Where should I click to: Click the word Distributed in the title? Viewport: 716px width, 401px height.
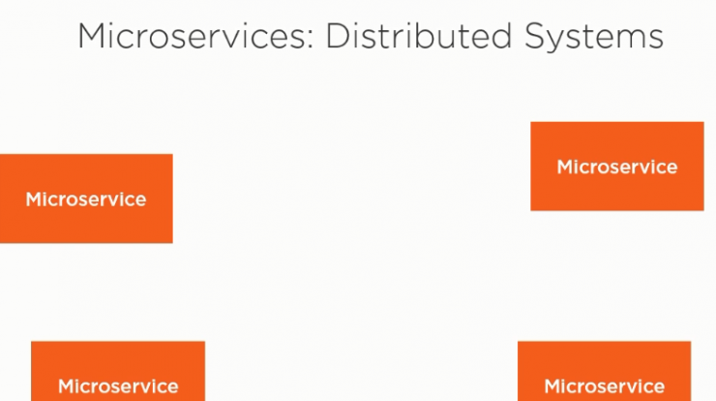click(418, 36)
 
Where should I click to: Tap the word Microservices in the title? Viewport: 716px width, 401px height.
click(191, 36)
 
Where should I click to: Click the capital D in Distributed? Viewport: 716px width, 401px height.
click(338, 36)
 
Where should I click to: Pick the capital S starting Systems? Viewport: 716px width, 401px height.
click(535, 36)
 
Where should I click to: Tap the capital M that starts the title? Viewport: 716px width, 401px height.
click(92, 36)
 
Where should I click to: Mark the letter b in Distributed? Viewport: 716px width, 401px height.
click(424, 36)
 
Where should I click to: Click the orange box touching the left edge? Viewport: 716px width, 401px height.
click(86, 199)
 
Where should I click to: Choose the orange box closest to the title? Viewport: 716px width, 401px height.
click(617, 166)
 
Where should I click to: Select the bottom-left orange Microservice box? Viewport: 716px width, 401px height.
click(118, 371)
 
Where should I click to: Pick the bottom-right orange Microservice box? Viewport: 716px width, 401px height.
click(604, 371)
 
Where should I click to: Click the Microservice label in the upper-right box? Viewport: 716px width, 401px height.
click(617, 167)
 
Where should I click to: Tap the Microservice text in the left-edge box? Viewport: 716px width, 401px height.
click(86, 200)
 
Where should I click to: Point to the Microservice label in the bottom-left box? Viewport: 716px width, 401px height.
click(118, 386)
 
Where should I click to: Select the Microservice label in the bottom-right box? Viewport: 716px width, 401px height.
click(604, 386)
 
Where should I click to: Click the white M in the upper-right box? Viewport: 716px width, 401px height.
click(565, 167)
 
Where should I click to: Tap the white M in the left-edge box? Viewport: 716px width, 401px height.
click(34, 200)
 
